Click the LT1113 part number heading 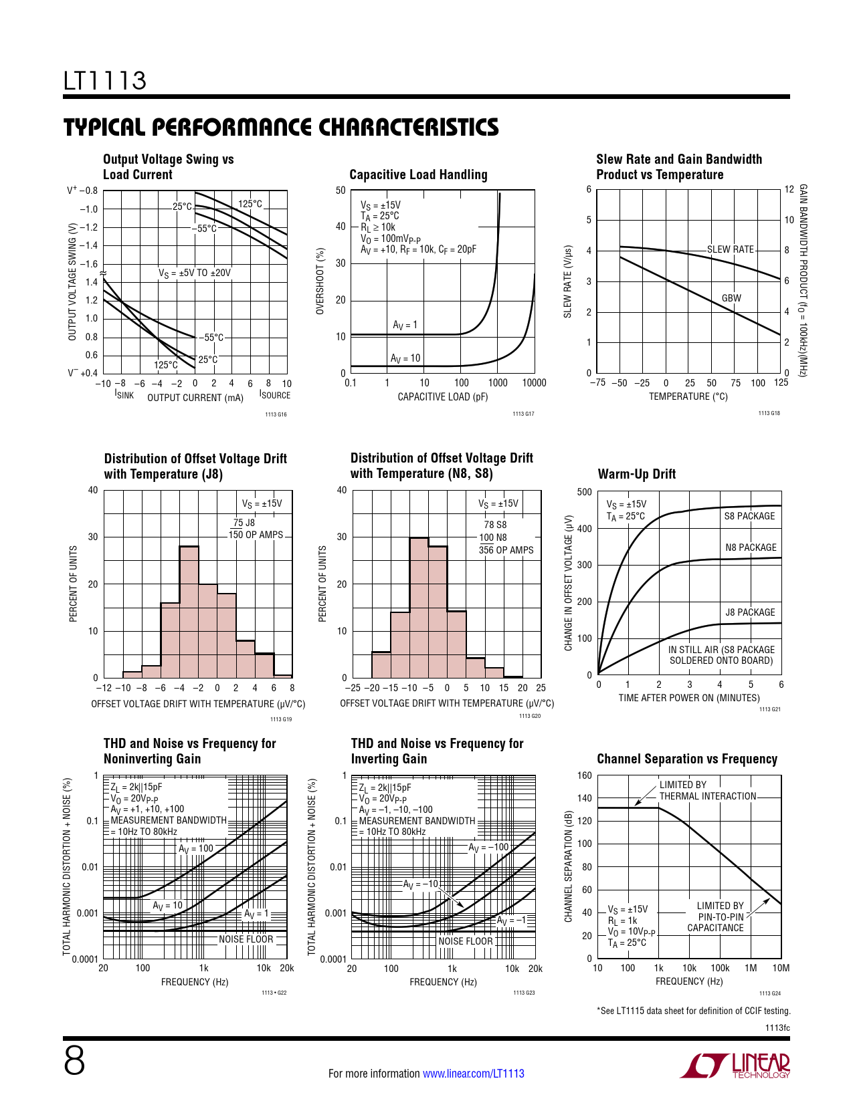point(105,81)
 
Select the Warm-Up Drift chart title point(636,474)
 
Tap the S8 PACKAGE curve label point(749,516)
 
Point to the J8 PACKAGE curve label point(750,612)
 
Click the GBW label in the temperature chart point(731,298)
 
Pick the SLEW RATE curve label point(731,249)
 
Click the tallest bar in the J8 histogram point(189,612)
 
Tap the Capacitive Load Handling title point(418,174)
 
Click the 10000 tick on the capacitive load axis point(534,383)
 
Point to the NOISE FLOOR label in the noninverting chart point(246,939)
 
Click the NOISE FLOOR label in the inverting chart point(465,941)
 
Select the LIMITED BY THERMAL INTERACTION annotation point(707,790)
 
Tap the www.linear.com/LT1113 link point(474,1074)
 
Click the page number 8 point(74,1060)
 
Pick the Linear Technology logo point(735,1066)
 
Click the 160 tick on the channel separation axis point(584,775)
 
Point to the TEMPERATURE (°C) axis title point(688,396)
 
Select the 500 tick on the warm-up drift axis point(584,493)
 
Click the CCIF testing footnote point(693,1011)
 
